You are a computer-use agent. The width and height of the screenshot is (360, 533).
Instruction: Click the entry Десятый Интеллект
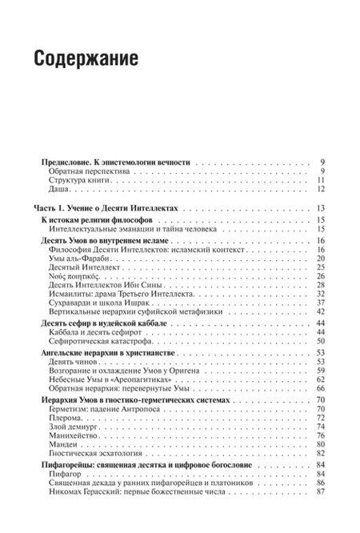coord(82,267)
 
